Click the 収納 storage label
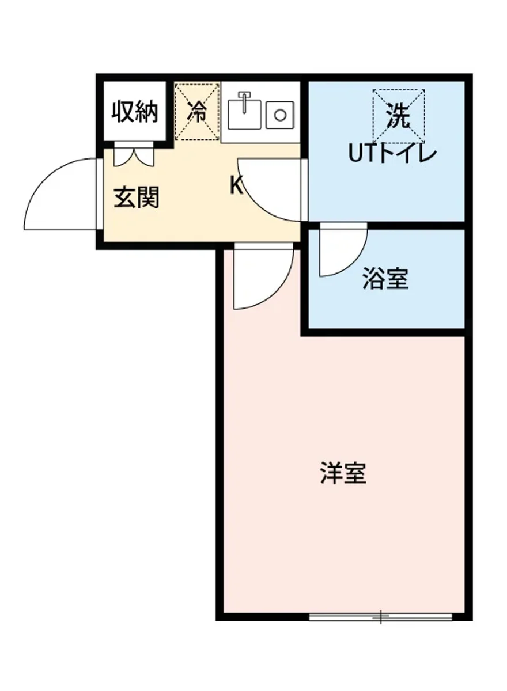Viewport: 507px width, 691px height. click(x=135, y=112)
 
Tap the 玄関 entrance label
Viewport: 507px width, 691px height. click(x=136, y=198)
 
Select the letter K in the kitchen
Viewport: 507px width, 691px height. click(x=236, y=185)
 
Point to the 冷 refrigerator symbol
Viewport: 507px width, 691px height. click(x=197, y=111)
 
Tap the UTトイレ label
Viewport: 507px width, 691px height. click(x=392, y=154)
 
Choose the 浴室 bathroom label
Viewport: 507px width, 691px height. click(x=385, y=279)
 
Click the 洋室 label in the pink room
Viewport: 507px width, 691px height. click(x=343, y=473)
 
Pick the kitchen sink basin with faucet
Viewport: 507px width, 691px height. click(x=244, y=114)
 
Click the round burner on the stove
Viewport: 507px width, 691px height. click(x=280, y=115)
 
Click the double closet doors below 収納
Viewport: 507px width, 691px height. click(x=134, y=154)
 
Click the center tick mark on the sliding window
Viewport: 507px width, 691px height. click(x=380, y=617)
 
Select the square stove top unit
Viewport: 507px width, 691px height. click(x=280, y=115)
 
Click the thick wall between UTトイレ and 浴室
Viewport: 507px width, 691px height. click(x=386, y=225)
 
